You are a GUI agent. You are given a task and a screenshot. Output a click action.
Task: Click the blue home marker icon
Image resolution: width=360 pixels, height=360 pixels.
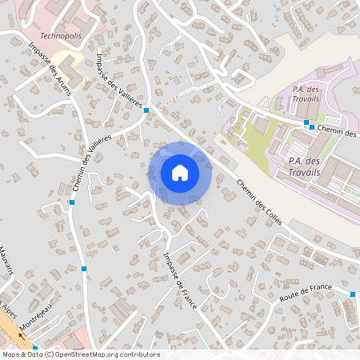pos(180,173)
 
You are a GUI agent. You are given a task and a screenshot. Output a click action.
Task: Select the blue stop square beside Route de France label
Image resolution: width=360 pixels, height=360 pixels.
pos(353,294)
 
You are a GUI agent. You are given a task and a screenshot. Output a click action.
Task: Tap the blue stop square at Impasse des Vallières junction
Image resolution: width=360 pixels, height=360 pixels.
pos(146,110)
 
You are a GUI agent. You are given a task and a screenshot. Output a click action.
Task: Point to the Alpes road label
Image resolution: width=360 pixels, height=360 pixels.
pos(8,308)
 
